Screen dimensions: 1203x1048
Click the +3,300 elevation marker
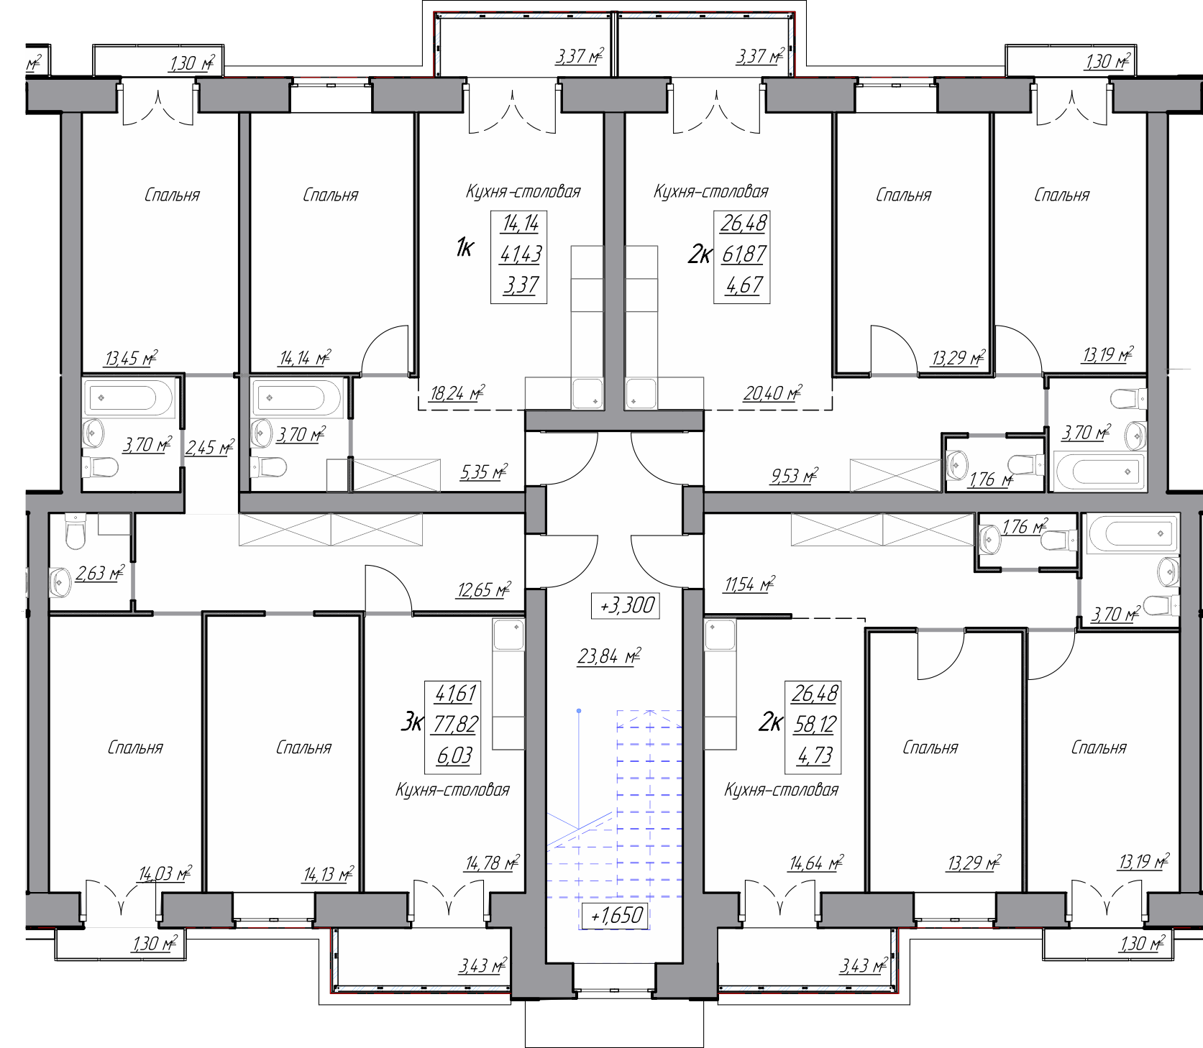click(624, 605)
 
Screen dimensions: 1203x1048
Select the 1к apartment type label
click(465, 249)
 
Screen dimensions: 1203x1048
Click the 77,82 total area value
click(454, 725)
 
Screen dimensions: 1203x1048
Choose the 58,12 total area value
click(814, 725)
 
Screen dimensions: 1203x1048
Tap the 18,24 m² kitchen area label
click(457, 393)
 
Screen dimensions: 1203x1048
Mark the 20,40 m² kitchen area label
click(773, 393)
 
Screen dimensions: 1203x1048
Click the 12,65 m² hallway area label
click(484, 590)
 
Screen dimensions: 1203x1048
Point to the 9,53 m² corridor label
click(794, 475)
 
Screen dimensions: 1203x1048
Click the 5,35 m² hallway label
click(483, 472)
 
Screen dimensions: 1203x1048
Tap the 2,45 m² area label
click(209, 449)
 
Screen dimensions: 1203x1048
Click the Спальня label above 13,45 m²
click(172, 195)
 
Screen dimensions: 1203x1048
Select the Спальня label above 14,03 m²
click(135, 748)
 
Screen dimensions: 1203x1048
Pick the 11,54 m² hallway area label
click(749, 584)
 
